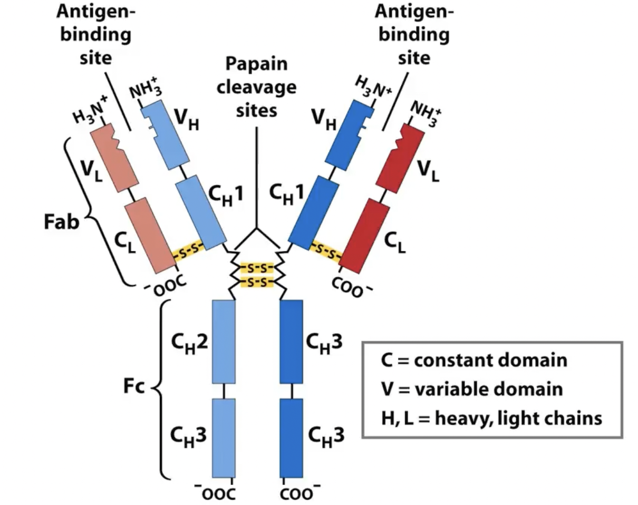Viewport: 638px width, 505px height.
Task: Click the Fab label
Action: point(62,222)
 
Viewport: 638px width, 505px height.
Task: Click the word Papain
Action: point(256,64)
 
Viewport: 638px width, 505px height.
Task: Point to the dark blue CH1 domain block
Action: point(314,213)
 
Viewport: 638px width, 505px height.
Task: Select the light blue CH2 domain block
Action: point(224,342)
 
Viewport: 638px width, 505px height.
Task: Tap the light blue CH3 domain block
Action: point(224,438)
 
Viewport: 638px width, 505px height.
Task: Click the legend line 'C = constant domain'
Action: point(473,361)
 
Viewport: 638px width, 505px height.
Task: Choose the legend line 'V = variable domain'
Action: point(471,390)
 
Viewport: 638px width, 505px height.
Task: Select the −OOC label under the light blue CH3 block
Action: point(216,493)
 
